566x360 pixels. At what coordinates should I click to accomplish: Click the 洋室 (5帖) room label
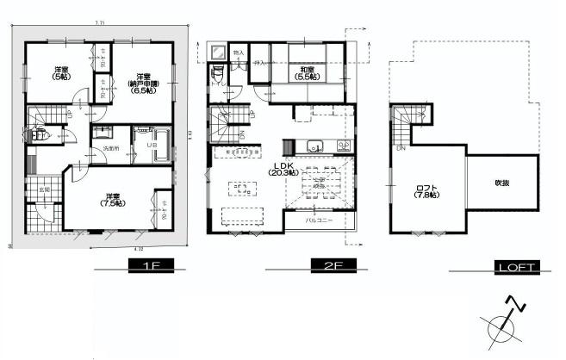point(61,72)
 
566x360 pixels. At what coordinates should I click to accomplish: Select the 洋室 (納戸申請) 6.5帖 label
point(140,83)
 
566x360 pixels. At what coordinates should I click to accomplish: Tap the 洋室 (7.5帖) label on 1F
point(112,199)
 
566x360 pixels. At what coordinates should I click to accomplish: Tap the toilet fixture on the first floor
point(38,134)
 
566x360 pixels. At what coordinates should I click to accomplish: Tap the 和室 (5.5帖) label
point(307,72)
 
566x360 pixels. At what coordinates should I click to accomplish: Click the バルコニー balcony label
point(322,220)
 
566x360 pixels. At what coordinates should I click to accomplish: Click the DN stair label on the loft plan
point(399,148)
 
